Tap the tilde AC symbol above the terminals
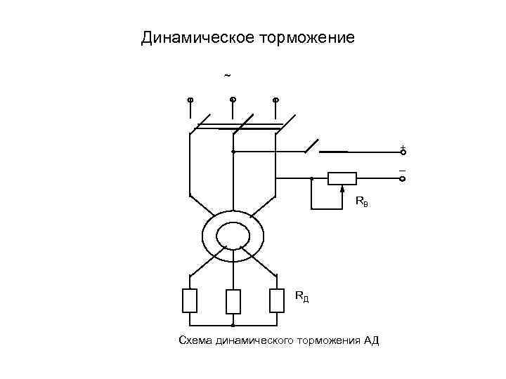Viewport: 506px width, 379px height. pyautogui.click(x=226, y=75)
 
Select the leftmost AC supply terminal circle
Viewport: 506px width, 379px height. pyautogui.click(x=190, y=100)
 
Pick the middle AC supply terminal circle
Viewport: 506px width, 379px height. pyautogui.click(x=233, y=100)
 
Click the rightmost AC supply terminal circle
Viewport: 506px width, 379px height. pyautogui.click(x=275, y=100)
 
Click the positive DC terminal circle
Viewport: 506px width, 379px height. pyautogui.click(x=403, y=152)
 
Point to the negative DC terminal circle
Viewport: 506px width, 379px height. pyautogui.click(x=403, y=179)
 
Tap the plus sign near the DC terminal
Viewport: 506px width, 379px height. pyautogui.click(x=402, y=146)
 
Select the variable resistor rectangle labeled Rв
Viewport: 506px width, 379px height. pyautogui.click(x=342, y=178)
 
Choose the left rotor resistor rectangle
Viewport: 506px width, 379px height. pyautogui.click(x=190, y=300)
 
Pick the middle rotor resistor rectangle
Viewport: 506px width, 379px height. pyautogui.click(x=233, y=301)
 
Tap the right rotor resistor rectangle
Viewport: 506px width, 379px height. pyautogui.click(x=276, y=300)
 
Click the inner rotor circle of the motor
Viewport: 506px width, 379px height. pyautogui.click(x=233, y=234)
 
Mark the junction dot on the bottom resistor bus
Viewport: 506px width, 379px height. pyautogui.click(x=233, y=326)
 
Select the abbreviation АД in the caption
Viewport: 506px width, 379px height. pyautogui.click(x=371, y=341)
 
